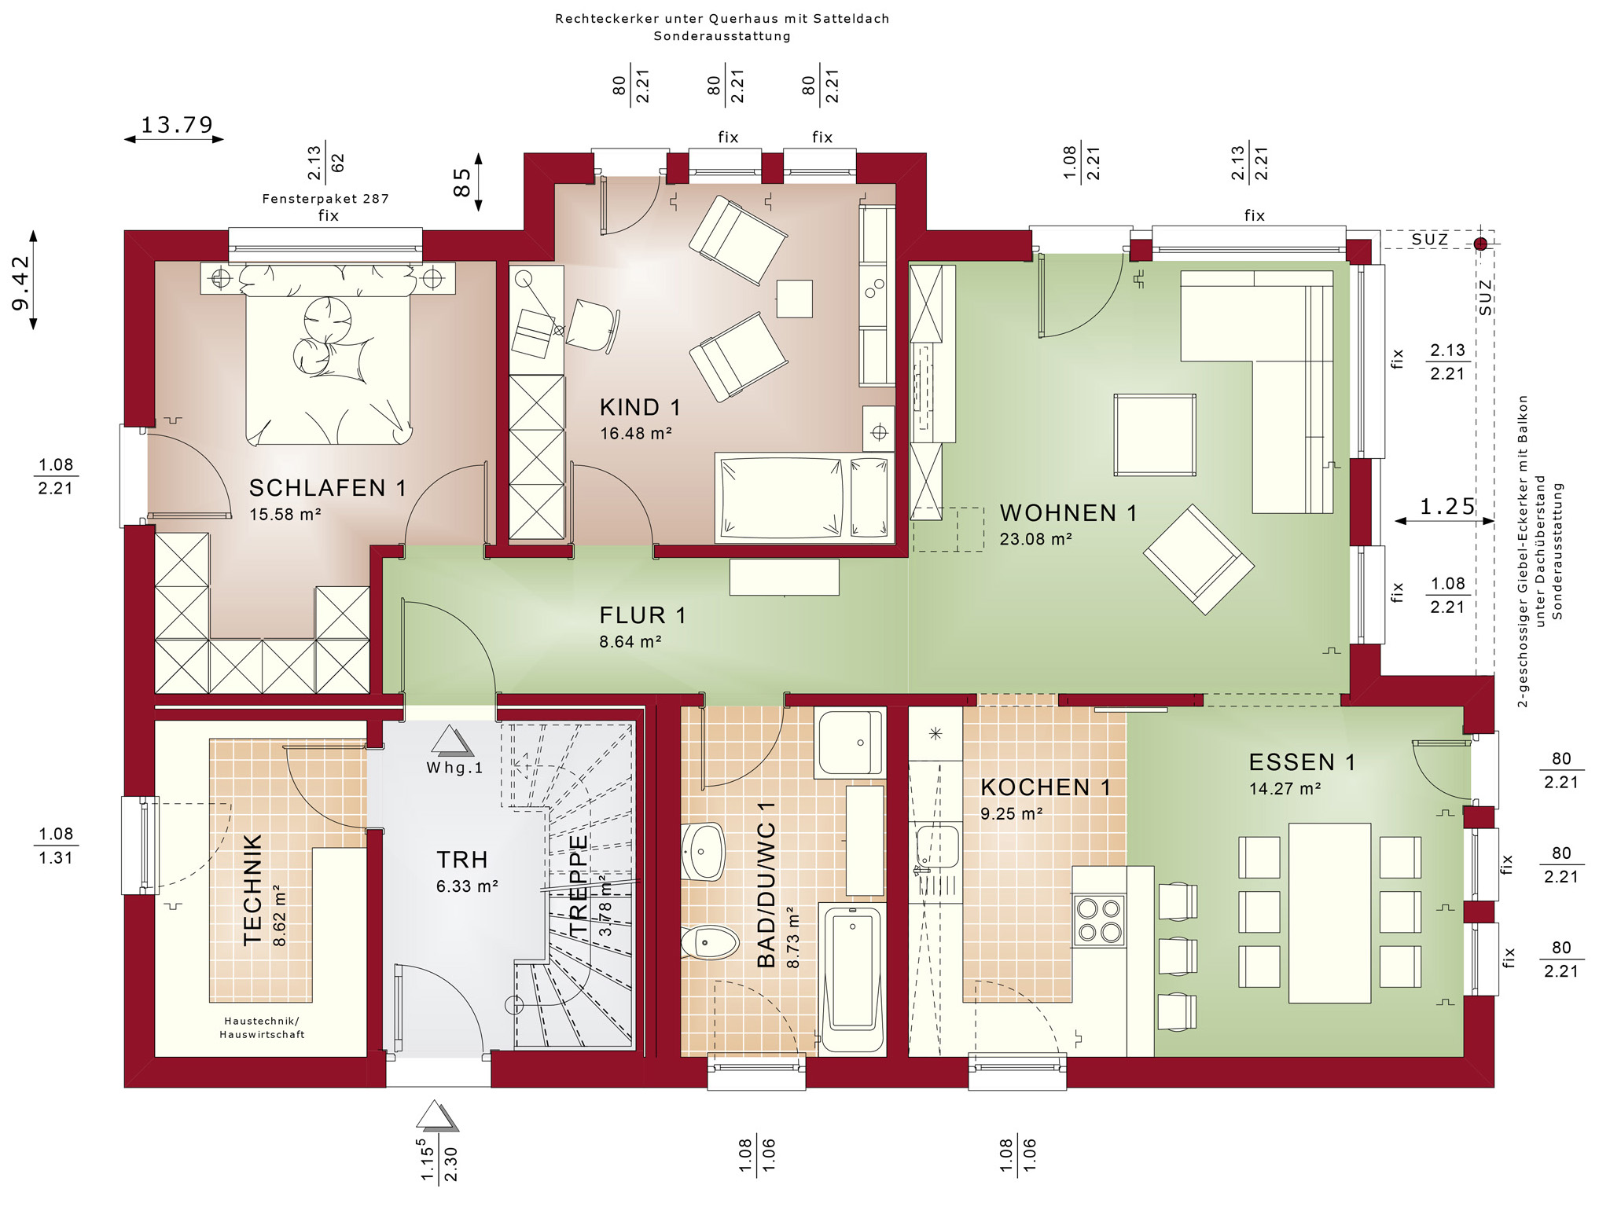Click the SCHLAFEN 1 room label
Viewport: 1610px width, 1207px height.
[x=328, y=488]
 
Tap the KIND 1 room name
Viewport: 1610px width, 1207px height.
[x=640, y=407]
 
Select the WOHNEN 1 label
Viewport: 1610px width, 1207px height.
[x=1068, y=513]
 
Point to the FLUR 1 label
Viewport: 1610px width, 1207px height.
[x=642, y=615]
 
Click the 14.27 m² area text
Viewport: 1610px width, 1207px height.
[x=1285, y=788]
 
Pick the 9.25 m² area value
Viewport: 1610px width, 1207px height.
[x=1011, y=813]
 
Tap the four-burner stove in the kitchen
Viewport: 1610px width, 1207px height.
[x=1099, y=920]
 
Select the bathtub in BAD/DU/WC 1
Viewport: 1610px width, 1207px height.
[x=851, y=978]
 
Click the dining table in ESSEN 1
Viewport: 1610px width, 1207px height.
[x=1329, y=912]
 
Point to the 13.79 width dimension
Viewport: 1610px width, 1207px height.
[x=177, y=125]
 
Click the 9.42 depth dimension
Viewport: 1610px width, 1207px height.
[x=20, y=281]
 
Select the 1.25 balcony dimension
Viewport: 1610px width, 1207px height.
[x=1447, y=507]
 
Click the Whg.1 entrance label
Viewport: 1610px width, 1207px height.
[x=454, y=768]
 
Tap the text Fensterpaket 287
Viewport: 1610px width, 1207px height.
[x=325, y=199]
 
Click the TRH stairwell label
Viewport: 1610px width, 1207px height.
[x=462, y=860]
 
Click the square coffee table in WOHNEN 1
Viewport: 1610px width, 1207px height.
[x=1155, y=435]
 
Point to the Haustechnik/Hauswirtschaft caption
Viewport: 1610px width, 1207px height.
[x=262, y=1028]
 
